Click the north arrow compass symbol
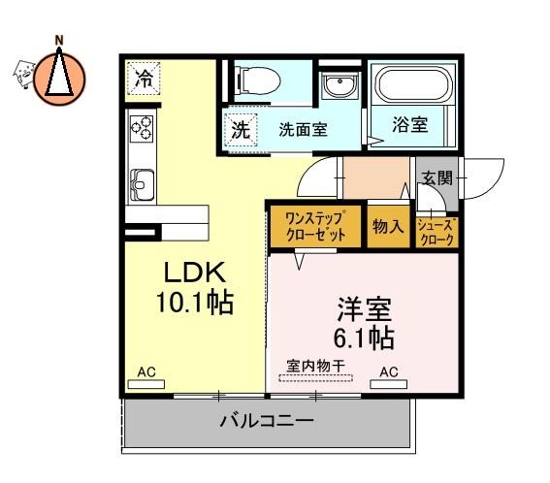click(59, 79)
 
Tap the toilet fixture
click(259, 81)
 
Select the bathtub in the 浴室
click(413, 83)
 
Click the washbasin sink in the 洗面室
click(340, 85)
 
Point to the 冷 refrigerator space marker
click(144, 79)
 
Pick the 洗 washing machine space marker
click(242, 131)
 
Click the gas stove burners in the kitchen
click(142, 128)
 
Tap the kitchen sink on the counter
click(142, 184)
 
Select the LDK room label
click(195, 273)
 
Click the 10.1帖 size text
click(195, 302)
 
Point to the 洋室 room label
click(365, 309)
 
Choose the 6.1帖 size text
click(365, 338)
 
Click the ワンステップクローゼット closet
click(315, 227)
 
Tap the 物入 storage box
click(388, 227)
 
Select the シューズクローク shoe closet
click(437, 232)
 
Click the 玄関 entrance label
click(437, 178)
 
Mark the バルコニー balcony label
click(267, 420)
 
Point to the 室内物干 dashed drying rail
click(315, 378)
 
